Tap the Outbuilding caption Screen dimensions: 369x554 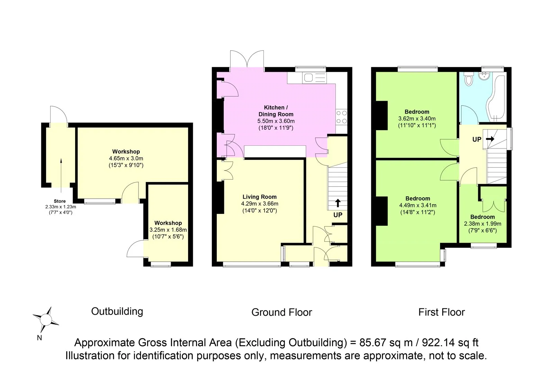pyautogui.click(x=117, y=311)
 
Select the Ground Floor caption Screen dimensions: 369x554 pyautogui.click(x=282, y=312)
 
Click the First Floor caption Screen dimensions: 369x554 pyautogui.click(x=441, y=312)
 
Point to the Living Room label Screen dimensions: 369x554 pyautogui.click(x=259, y=197)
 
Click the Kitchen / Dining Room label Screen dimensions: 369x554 pyautogui.click(x=276, y=111)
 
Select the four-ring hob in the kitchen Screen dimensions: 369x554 pyautogui.click(x=341, y=117)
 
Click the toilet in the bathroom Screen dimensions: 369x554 pyautogui.click(x=469, y=79)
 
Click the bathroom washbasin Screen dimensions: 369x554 pyautogui.click(x=484, y=76)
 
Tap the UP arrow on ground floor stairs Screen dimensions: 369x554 pyautogui.click(x=338, y=203)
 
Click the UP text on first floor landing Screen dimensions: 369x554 pyautogui.click(x=477, y=139)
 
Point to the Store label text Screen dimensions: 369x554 pyautogui.click(x=60, y=201)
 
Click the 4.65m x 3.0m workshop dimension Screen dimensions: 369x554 pyautogui.click(x=126, y=158)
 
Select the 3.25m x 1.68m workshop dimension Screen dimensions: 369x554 pyautogui.click(x=168, y=230)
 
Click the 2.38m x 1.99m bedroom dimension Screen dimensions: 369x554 pyautogui.click(x=482, y=224)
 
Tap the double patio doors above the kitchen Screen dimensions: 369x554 pyautogui.click(x=247, y=60)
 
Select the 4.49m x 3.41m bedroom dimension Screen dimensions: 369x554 pyautogui.click(x=418, y=205)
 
